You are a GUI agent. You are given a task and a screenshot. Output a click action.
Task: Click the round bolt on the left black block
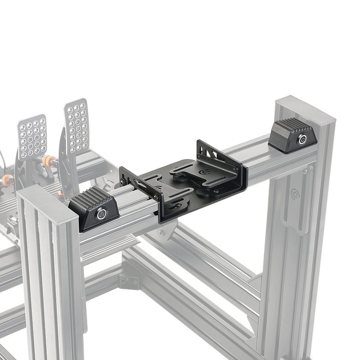(102, 214)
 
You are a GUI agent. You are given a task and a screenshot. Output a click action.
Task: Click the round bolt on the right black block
(302, 139)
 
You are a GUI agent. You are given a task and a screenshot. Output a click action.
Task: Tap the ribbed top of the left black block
(90, 198)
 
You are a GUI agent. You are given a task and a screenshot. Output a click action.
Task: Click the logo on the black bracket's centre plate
(207, 171)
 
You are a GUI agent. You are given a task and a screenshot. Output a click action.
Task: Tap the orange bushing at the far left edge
(6, 180)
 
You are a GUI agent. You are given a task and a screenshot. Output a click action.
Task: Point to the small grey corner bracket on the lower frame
(130, 282)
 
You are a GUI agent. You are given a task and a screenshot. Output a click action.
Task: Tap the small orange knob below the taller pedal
(60, 194)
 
